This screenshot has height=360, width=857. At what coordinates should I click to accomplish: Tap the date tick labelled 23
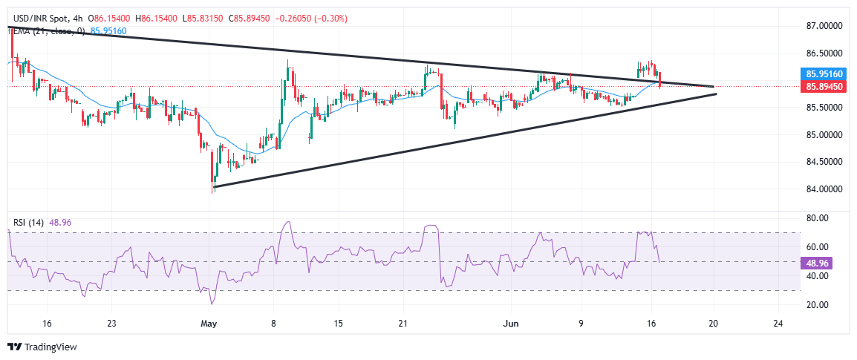(x=111, y=324)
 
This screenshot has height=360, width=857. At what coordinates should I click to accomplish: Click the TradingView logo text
(x=49, y=347)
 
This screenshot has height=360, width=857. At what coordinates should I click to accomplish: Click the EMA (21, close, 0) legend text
(x=44, y=30)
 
